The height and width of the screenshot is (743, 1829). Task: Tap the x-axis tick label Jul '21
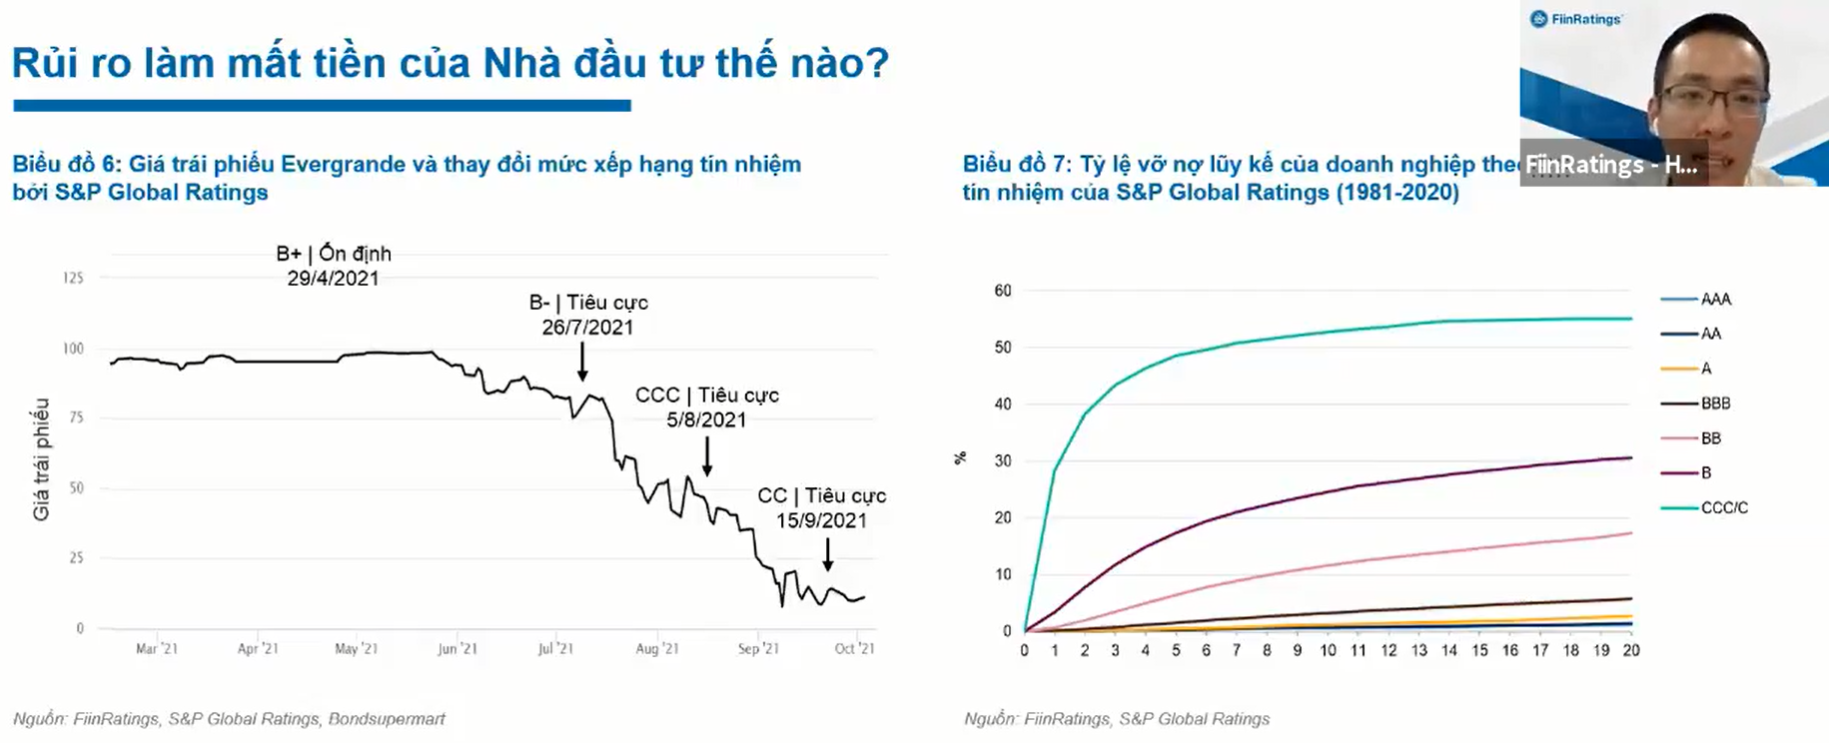556,649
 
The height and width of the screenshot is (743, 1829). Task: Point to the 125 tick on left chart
73,278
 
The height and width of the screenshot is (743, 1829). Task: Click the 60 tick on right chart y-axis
1003,291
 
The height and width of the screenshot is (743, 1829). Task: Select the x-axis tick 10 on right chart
1328,650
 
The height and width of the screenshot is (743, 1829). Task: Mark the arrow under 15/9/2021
827,554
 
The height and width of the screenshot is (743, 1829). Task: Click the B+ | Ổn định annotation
334,254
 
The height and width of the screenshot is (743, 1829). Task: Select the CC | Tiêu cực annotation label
821,495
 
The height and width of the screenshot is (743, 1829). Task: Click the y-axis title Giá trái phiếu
41,458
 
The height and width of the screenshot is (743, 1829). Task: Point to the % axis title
960,458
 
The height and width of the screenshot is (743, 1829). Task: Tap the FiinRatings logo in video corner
1575,19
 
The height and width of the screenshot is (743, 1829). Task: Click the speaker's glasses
1714,101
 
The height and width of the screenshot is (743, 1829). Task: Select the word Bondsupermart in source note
387,719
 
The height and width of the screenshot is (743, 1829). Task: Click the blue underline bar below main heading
322,105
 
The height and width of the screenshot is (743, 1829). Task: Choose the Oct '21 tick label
854,649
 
